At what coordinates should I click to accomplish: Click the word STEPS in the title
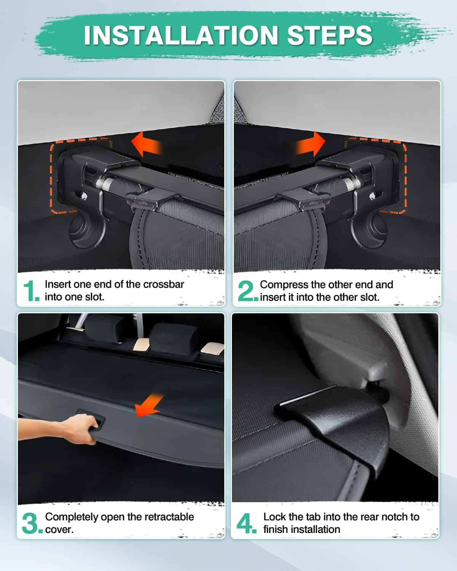(330, 35)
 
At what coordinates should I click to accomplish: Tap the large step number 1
(30, 291)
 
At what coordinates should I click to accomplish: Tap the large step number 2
(247, 291)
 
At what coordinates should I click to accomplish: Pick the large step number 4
(246, 524)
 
